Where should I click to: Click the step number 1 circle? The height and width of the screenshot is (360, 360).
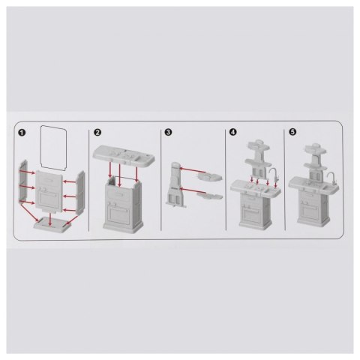point(22,133)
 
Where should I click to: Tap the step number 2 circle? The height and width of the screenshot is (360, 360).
point(97,132)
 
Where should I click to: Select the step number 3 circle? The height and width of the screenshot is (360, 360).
point(169,132)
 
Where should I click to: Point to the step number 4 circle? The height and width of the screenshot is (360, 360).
point(232,132)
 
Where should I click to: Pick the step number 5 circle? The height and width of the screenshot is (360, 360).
point(292,131)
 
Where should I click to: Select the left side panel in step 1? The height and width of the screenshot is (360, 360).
point(23,181)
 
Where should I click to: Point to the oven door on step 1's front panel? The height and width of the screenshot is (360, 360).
point(49,200)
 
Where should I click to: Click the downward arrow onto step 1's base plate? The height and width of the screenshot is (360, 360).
point(50,220)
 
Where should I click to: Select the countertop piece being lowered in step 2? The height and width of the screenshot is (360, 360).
point(124,156)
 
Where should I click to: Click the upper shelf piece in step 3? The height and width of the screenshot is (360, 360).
point(209,177)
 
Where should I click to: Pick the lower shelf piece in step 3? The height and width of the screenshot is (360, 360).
point(209,196)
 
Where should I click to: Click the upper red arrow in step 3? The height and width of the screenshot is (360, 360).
point(193,170)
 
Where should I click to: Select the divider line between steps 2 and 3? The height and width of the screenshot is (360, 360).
point(160,180)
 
